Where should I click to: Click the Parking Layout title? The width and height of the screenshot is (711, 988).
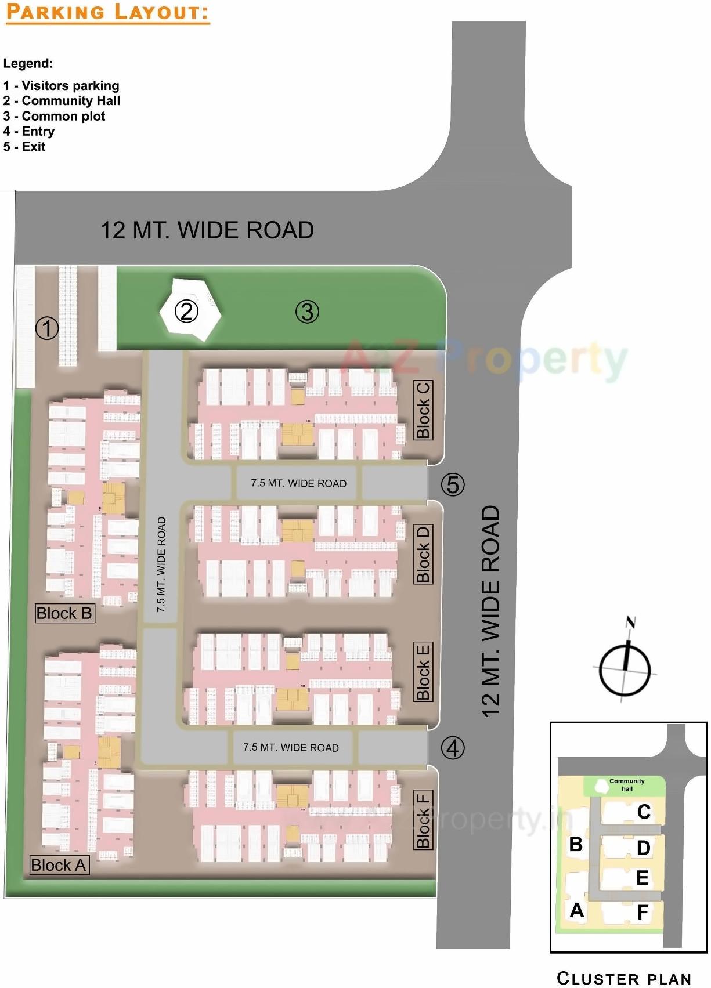tap(107, 12)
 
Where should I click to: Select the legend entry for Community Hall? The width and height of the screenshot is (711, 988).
tap(62, 101)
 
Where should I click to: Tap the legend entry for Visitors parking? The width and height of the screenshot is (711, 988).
tap(61, 86)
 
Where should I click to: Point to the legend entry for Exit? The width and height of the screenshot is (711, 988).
tap(24, 147)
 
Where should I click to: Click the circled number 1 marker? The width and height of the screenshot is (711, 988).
tap(47, 328)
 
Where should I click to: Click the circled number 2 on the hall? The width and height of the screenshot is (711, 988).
tap(186, 312)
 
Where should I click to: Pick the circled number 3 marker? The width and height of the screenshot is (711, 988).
tap(307, 312)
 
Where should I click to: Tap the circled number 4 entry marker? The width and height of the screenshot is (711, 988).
tap(453, 748)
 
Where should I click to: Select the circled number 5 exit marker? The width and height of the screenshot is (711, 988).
tap(453, 484)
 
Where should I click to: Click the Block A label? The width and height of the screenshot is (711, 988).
tap(59, 865)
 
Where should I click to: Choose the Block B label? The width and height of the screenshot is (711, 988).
tap(64, 613)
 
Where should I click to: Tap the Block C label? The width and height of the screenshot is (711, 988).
tap(423, 410)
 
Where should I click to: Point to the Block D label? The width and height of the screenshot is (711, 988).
tap(423, 554)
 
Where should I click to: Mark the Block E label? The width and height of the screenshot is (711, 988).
tap(423, 671)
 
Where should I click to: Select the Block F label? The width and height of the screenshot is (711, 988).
tap(423, 820)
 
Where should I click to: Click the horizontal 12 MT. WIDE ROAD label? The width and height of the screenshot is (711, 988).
tap(207, 230)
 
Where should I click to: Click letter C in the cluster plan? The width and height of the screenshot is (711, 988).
tap(644, 812)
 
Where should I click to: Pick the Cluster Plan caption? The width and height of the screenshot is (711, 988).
tap(624, 978)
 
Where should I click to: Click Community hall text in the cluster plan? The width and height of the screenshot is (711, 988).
tap(627, 785)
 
